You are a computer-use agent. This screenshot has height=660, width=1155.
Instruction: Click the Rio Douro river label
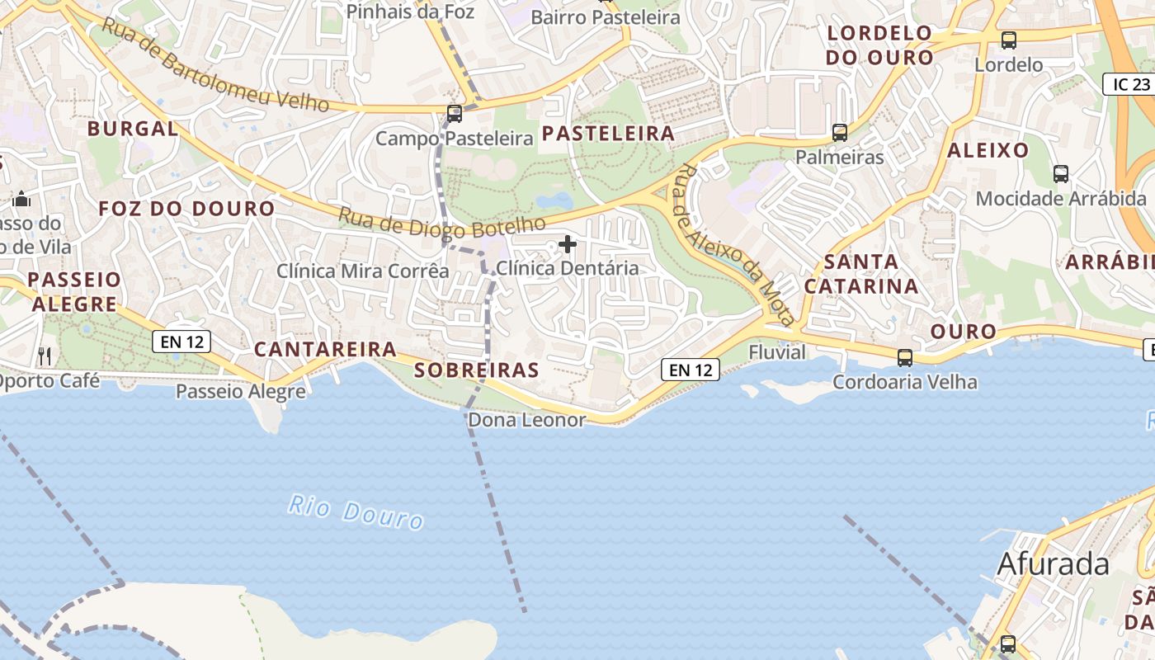(356, 511)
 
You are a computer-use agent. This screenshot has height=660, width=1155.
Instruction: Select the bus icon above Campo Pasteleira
(455, 114)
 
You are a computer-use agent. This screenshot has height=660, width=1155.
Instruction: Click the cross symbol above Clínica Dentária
(568, 244)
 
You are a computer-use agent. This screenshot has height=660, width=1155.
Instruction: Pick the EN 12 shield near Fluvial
(691, 370)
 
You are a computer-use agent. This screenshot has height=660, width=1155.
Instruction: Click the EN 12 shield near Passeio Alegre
(181, 341)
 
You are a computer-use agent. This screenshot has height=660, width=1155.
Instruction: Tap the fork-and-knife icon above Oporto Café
(45, 356)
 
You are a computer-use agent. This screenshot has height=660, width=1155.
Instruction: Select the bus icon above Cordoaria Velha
(905, 358)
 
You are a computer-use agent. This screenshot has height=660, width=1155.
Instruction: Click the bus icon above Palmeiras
(840, 132)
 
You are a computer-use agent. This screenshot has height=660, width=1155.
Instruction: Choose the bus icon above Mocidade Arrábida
(1061, 174)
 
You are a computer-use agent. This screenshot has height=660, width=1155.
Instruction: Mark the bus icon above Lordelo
(1008, 40)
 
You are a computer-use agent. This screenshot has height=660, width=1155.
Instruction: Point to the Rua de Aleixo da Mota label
(734, 245)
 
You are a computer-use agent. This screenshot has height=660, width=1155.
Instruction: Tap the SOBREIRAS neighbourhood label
(476, 370)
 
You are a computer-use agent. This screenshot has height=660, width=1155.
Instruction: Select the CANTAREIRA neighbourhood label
(324, 349)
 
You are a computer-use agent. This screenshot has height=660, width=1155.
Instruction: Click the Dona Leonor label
(526, 420)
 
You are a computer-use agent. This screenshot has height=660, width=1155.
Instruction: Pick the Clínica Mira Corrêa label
(362, 271)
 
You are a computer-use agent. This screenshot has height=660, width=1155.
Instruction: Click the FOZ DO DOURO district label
(186, 209)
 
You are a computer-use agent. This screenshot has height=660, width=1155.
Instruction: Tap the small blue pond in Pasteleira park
(554, 200)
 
